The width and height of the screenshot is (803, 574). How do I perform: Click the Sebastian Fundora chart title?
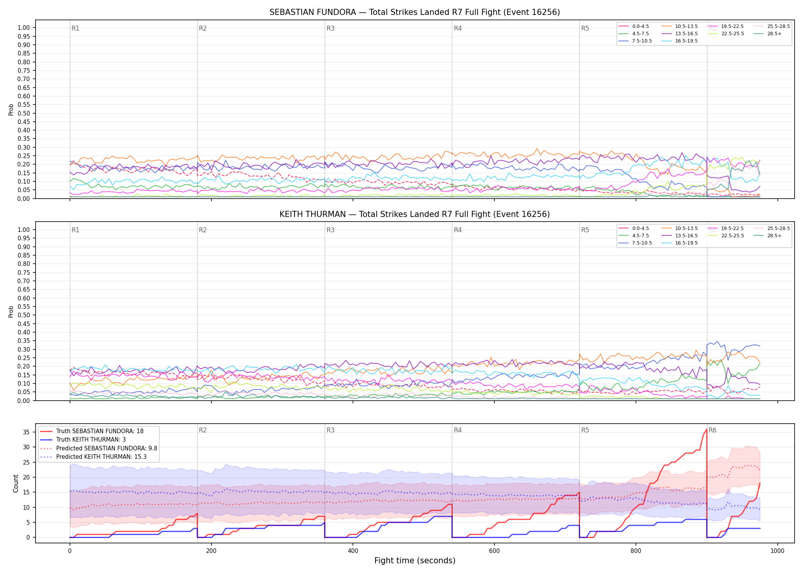[x=415, y=12]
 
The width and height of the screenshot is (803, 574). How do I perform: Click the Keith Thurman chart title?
[x=415, y=214]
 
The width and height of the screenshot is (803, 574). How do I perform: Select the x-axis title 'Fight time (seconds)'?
[x=415, y=561]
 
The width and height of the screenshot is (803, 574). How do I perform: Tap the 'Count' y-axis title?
[x=16, y=483]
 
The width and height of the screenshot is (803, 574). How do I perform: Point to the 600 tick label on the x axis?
[x=494, y=551]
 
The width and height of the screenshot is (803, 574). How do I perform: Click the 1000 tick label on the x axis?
[x=777, y=551]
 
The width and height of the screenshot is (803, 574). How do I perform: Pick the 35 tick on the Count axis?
[x=26, y=432]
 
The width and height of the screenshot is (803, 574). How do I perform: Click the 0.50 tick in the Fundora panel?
[x=24, y=113]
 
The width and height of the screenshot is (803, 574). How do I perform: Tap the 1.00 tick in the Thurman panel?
[x=24, y=230]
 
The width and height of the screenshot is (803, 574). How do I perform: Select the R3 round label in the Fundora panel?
[x=330, y=28]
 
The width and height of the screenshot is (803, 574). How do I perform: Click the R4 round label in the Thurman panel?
[x=458, y=230]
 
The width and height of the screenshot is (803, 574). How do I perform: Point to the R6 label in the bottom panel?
[x=712, y=430]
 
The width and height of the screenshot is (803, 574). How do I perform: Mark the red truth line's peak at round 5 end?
[x=706, y=429]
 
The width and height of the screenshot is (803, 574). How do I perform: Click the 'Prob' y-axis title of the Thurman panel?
[x=11, y=311]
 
